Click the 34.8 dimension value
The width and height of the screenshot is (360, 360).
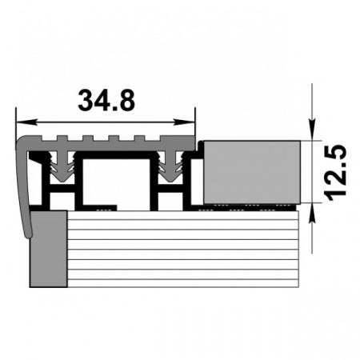pos(106,100)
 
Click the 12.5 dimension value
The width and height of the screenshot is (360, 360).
pos(335,172)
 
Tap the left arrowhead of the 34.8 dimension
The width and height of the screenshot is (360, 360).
pos(26,122)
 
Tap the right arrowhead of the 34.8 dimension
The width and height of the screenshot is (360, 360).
pos(185,122)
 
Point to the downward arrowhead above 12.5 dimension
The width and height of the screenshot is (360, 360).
pos(312,130)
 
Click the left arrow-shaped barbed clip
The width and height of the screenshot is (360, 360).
pos(62,166)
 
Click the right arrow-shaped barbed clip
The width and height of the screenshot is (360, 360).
pos(170,166)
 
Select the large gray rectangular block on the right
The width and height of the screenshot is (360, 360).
pos(252,172)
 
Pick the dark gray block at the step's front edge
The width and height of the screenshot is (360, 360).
pos(49,249)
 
